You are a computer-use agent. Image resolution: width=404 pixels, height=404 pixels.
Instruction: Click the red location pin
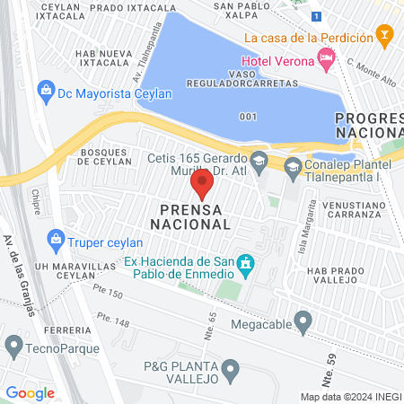tap(201, 186)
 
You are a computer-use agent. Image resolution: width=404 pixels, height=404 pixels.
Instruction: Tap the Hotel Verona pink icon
tap(326, 60)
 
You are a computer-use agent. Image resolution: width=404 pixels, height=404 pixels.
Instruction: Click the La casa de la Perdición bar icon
tap(385, 38)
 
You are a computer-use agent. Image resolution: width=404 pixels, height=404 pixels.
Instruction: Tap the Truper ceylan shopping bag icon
tap(57, 240)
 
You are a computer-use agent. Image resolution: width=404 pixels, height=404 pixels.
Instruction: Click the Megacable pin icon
tap(303, 321)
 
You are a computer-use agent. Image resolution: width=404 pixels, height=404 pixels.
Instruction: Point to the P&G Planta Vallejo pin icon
tap(232, 368)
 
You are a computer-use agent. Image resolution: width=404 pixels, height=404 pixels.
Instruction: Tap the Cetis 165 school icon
tap(259, 162)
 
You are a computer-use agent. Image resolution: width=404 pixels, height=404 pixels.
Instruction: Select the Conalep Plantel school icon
tap(293, 166)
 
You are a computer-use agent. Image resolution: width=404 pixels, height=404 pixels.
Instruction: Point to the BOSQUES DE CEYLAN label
tap(106, 158)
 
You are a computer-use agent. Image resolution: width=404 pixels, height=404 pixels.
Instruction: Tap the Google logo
tap(31, 393)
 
